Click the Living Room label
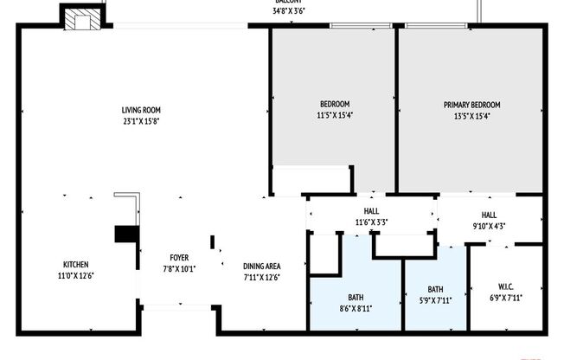pyautogui.click(x=141, y=110)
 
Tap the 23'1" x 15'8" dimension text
pyautogui.click(x=141, y=121)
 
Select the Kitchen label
pyautogui.click(x=75, y=264)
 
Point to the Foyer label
pyautogui.click(x=179, y=257)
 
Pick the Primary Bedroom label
pyautogui.click(x=471, y=105)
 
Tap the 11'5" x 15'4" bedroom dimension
pyautogui.click(x=334, y=116)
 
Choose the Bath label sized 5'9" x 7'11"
pyautogui.click(x=435, y=289)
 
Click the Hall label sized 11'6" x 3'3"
pyautogui.click(x=371, y=210)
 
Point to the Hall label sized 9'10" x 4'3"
pyautogui.click(x=489, y=215)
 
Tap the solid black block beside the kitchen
pyautogui.click(x=126, y=235)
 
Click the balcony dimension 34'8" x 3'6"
pyautogui.click(x=288, y=11)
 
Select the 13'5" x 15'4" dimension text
pyautogui.click(x=471, y=116)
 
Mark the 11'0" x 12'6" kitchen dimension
pyautogui.click(x=75, y=275)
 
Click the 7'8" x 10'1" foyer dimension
pyautogui.click(x=179, y=268)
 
